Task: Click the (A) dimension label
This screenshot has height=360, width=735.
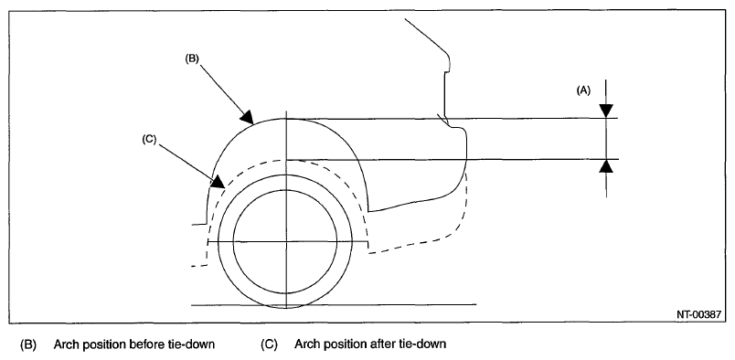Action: tap(583, 90)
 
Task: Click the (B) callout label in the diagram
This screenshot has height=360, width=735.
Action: tap(192, 59)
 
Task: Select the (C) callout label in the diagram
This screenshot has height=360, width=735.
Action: tap(149, 140)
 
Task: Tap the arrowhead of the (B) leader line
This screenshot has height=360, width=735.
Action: tap(247, 117)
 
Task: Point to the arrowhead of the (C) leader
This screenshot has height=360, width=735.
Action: tap(218, 182)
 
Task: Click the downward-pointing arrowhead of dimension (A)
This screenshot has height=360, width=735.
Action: tap(606, 111)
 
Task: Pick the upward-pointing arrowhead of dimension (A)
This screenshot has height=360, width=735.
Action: tap(606, 166)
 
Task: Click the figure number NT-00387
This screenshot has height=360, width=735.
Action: tap(698, 315)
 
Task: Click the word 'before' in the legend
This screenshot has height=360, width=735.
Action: tap(144, 344)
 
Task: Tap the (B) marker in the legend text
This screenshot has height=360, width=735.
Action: tap(28, 344)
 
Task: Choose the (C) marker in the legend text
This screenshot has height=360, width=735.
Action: tap(269, 344)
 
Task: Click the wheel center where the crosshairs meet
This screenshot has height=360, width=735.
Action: tap(286, 242)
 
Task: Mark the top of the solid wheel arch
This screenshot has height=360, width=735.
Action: tap(286, 119)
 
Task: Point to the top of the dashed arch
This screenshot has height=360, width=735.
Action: tap(286, 160)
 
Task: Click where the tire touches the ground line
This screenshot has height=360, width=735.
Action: tap(286, 305)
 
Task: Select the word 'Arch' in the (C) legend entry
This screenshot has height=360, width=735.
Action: tap(305, 344)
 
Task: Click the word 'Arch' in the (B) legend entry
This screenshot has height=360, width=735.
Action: tap(65, 344)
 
